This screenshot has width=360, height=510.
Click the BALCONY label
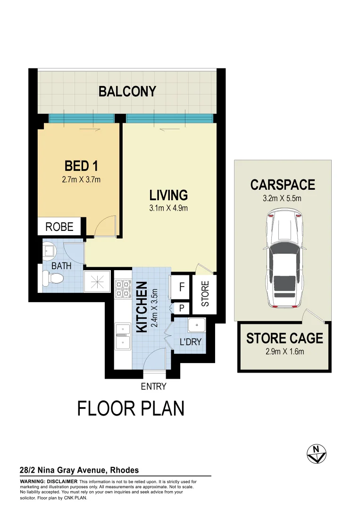[x=127, y=91]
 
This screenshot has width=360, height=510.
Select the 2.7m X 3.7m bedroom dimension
[x=81, y=179]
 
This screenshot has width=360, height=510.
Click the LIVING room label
[x=168, y=195]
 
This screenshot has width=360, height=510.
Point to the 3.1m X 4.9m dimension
[x=168, y=208]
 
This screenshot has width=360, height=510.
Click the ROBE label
[x=59, y=227]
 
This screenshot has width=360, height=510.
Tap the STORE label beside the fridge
[x=205, y=294]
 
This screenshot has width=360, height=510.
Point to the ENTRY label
[x=154, y=386]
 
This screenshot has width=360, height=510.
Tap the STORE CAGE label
[x=285, y=338]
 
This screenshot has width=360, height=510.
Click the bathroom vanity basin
[x=49, y=251]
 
